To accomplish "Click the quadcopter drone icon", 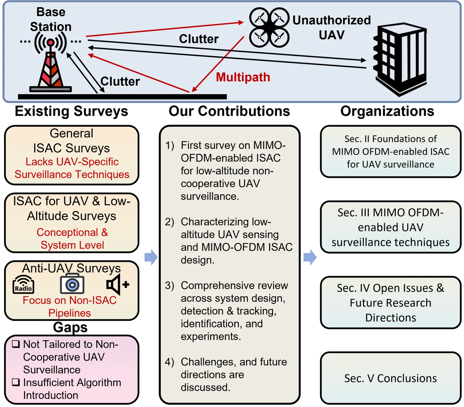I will click(x=269, y=28).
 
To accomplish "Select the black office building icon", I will click(x=400, y=59).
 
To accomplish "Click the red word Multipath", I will click(x=243, y=77).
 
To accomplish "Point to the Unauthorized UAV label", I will click(x=331, y=28).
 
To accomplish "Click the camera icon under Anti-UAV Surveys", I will click(x=72, y=284).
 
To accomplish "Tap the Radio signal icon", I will click(x=23, y=285).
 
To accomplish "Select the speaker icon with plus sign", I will click(x=117, y=285).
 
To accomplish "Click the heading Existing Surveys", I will click(x=71, y=111).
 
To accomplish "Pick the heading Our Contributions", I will click(x=229, y=111).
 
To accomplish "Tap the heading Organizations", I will click(x=387, y=111).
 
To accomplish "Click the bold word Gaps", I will click(x=70, y=327).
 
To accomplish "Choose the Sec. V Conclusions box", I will click(x=390, y=378).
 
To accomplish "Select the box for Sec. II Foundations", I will click(x=390, y=151).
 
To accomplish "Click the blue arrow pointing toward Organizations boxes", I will click(x=310, y=257).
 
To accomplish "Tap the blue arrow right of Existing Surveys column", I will click(x=151, y=257).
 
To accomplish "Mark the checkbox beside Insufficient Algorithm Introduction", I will click(x=16, y=382).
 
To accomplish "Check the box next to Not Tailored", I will click(x=16, y=344).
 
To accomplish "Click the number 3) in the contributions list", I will click(x=170, y=285).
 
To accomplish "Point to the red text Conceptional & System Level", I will click(x=72, y=238).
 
